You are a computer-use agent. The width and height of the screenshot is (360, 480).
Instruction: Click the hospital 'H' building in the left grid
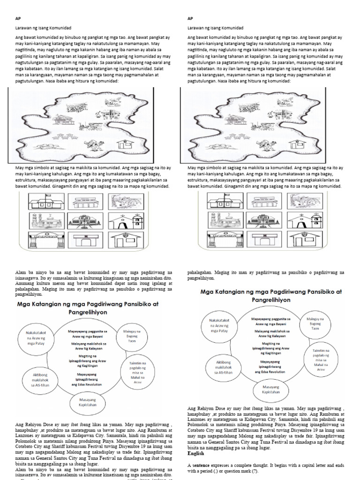84,240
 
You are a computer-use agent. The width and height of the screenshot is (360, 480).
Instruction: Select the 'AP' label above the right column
190,19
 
